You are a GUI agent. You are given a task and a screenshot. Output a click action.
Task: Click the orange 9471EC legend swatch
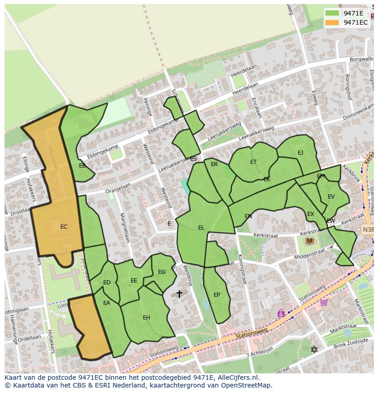[332, 22]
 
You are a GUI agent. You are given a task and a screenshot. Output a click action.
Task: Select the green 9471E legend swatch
[332, 13]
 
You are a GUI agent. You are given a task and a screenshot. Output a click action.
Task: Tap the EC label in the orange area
[64, 227]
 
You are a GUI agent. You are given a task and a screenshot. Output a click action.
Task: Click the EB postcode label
[82, 166]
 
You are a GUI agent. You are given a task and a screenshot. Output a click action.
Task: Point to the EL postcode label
[201, 228]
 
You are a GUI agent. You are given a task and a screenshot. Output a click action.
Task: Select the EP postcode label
[217, 295]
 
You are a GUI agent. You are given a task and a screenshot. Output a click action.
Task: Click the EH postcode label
[147, 318]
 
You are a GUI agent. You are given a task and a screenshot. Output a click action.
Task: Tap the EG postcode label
[162, 272]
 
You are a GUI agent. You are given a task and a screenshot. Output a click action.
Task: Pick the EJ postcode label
[300, 153]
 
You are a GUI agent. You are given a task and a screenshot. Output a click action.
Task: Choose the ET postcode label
[253, 162]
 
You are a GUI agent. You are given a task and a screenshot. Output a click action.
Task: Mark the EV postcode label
[331, 197]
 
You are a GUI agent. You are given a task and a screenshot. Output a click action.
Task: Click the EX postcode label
[310, 214]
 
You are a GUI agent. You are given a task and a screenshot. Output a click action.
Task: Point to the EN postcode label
[248, 216]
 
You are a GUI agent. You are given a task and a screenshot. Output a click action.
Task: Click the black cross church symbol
[179, 294]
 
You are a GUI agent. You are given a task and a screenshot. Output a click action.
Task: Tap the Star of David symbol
[314, 350]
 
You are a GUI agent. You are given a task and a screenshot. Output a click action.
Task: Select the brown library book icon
[310, 241]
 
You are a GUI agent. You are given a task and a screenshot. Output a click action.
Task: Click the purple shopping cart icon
[324, 302]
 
